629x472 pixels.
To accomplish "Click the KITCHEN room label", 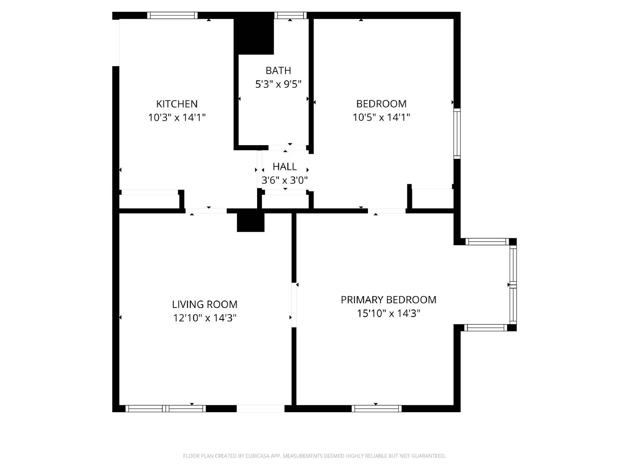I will pos(177,104).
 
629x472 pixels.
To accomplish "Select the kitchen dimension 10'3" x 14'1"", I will pos(177,117).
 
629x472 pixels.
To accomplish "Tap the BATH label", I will pos(278,71).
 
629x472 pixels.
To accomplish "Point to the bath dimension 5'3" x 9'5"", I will pos(278,84).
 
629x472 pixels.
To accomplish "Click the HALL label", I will pos(285,167).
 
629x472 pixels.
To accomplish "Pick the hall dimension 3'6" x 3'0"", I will pos(285,180).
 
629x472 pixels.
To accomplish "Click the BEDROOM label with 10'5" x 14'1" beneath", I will pos(381,104).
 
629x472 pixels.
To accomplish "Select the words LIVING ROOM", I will pos(204,304).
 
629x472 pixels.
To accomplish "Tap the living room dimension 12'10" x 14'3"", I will pos(204,318).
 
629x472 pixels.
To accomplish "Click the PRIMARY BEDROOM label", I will pos(388,300).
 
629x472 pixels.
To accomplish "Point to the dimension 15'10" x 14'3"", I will pos(388,313).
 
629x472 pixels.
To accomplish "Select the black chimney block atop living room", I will pos(250,222).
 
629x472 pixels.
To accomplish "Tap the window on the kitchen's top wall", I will pos(172,15).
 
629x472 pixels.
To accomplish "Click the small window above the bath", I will pos(290,15).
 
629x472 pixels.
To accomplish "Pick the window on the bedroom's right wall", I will pos(457,134).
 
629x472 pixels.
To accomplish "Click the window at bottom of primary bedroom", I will pos(376,409).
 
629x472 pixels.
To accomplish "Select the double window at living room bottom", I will pos(166,409).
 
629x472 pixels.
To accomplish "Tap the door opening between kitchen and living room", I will pos(206,211).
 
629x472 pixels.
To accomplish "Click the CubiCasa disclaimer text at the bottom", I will pos(314,456).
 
